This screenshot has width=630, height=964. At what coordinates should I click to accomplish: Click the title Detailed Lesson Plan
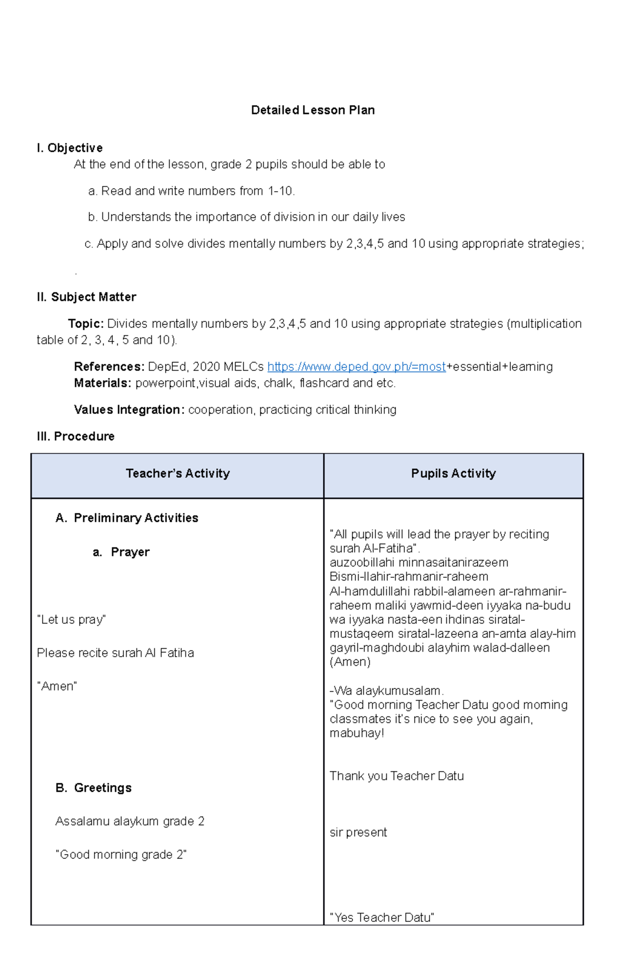coord(312,110)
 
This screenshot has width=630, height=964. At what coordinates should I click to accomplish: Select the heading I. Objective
coord(69,148)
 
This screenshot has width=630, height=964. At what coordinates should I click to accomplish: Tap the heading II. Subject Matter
coord(86,297)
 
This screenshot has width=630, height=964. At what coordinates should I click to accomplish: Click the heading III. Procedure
coord(76,437)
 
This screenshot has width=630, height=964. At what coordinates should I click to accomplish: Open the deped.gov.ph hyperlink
coord(356,367)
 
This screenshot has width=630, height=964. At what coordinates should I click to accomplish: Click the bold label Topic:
coord(86,324)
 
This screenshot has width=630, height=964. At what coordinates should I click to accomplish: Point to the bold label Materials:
coord(102,383)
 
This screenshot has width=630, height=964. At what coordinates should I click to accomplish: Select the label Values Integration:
coord(129,410)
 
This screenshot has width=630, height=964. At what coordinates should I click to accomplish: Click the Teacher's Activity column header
coord(177,474)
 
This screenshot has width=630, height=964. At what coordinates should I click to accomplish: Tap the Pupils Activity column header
coord(453,474)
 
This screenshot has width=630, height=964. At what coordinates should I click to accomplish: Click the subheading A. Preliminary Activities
coord(127,518)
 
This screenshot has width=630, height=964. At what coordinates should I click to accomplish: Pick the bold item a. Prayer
coord(121,552)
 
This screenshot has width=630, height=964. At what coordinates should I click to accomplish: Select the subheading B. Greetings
coord(93,788)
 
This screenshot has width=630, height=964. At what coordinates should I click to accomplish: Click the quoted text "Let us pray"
coord(71,620)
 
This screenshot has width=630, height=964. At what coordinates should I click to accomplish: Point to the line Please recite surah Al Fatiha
coord(115,653)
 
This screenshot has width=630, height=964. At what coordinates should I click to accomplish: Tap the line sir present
coord(358,833)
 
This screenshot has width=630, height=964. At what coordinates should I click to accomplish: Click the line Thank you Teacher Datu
coord(396,776)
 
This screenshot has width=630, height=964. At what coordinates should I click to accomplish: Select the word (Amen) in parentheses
coord(350,662)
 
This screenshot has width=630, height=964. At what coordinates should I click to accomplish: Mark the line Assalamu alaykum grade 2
coord(130,822)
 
